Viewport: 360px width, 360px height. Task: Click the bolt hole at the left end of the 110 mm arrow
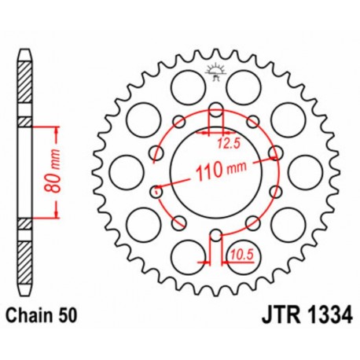click(x=155, y=189)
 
